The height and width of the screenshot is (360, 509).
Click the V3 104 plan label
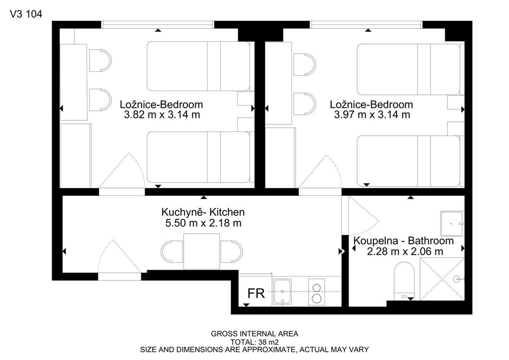(26, 14)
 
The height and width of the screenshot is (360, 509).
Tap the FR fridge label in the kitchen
(256, 293)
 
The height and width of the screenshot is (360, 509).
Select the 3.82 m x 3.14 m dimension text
(162, 114)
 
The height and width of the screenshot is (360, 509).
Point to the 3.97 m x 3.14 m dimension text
(372, 114)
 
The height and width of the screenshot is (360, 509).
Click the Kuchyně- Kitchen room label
(203, 212)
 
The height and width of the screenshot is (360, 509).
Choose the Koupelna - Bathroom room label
(404, 241)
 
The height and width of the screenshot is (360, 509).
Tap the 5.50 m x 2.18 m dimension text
(203, 223)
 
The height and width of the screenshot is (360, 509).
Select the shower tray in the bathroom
(442, 279)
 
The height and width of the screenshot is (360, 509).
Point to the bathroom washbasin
(452, 224)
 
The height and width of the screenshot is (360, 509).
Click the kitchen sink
(282, 292)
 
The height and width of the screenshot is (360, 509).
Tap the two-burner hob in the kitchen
(316, 292)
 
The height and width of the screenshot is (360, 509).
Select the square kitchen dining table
(202, 251)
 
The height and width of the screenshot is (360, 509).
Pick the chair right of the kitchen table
(231, 252)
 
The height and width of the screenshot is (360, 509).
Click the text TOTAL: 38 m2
(254, 342)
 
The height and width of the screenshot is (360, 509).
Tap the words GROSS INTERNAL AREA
(254, 334)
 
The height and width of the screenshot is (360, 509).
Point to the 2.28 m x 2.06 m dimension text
(405, 251)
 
